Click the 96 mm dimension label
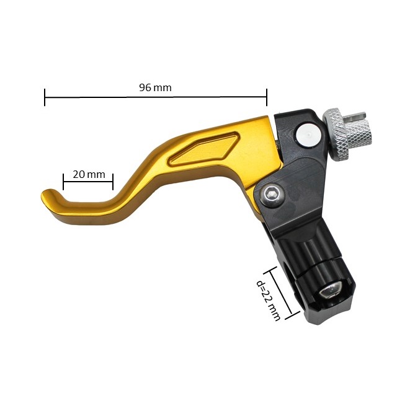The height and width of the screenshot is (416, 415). click(155, 87)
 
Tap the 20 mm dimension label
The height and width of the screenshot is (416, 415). click(89, 174)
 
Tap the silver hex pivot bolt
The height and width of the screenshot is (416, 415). click(271, 196)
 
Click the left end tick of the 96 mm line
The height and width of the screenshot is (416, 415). click(45, 97)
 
